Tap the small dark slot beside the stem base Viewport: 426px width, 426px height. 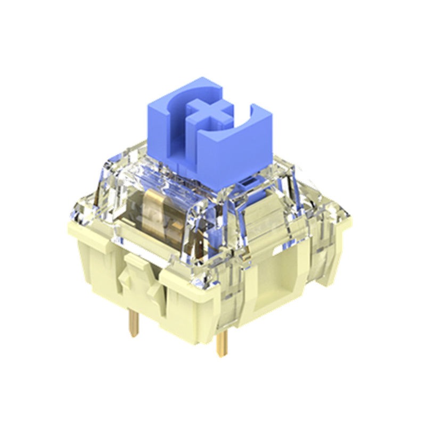pyautogui.click(x=246, y=185)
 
